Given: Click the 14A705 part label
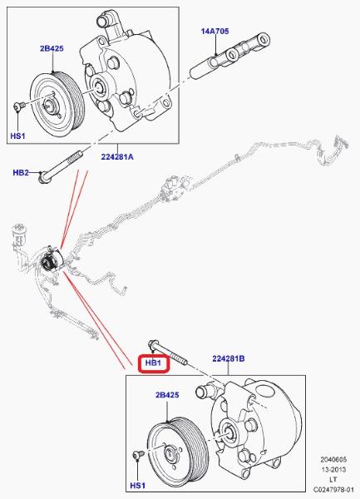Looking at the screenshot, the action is [x=215, y=32].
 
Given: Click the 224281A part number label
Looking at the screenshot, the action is [x=117, y=156].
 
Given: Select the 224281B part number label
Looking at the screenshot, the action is [x=229, y=358].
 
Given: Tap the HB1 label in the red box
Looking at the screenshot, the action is [x=153, y=363].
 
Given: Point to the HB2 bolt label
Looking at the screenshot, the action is [x=21, y=172].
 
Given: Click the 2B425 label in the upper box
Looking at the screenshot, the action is [x=52, y=48].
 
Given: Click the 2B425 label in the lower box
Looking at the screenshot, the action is [x=167, y=395].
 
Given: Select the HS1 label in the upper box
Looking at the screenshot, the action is [x=17, y=136].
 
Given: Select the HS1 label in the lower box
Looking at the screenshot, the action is [x=138, y=486].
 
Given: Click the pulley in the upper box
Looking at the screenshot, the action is [x=57, y=105].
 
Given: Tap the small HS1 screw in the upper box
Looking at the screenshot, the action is [x=19, y=106].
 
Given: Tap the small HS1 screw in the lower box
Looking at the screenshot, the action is [x=139, y=454].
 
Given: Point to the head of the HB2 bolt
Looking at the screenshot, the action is [x=42, y=177].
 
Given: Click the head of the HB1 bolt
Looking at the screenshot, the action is [x=153, y=344].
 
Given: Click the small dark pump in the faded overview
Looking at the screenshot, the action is [x=52, y=259].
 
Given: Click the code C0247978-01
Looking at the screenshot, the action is [x=333, y=489].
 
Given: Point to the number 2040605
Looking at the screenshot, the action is [x=333, y=460].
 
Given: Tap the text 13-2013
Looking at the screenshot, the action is [x=333, y=469].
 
